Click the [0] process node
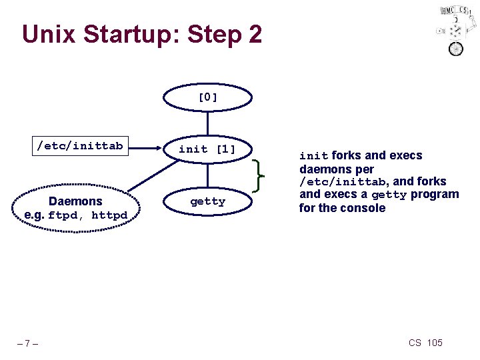(x=208, y=97)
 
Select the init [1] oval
(x=208, y=149)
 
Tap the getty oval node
(x=208, y=201)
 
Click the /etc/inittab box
(x=80, y=145)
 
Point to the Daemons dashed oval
(x=75, y=208)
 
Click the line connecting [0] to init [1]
(x=208, y=123)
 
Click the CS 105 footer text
(x=425, y=343)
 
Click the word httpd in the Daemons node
(x=109, y=215)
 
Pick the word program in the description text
(x=434, y=195)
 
